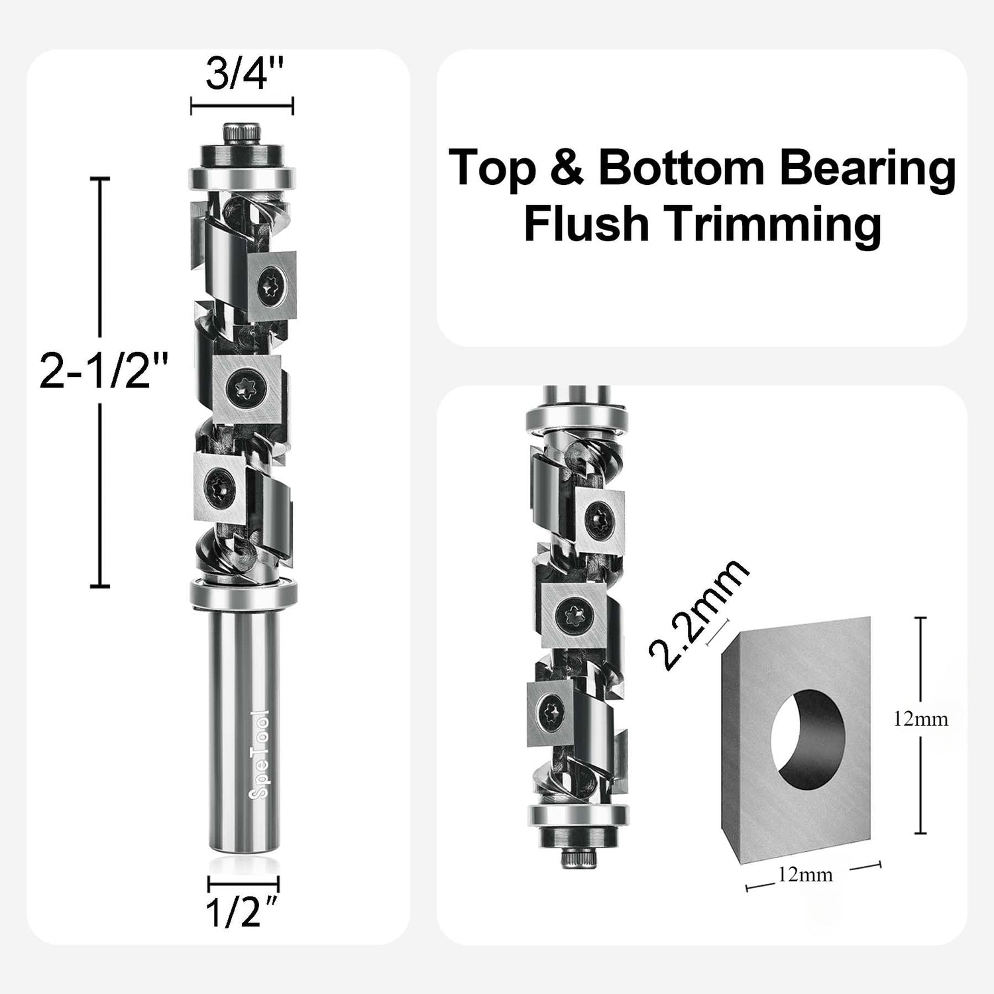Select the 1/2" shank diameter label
point(241,914)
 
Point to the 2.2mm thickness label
point(699,616)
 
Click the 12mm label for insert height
point(920,719)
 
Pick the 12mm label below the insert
point(805,875)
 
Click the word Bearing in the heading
point(867,169)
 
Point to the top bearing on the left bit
point(242,178)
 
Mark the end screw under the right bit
point(576,859)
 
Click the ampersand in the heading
point(567,169)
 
